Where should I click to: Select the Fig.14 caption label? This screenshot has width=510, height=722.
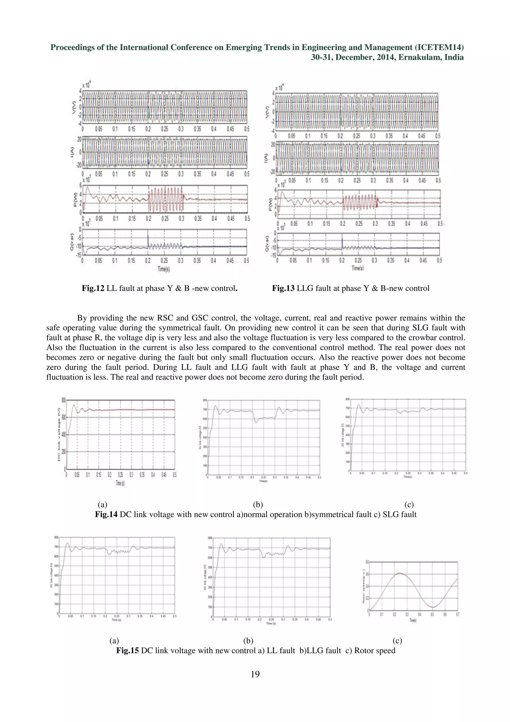point(106,514)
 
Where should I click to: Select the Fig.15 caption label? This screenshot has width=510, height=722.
point(127,650)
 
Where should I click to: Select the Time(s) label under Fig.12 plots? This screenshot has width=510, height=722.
point(164,269)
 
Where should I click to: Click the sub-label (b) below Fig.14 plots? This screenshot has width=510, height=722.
point(258,505)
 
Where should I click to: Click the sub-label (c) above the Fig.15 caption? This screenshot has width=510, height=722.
point(397,641)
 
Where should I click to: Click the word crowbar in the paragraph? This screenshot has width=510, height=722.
point(421,338)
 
